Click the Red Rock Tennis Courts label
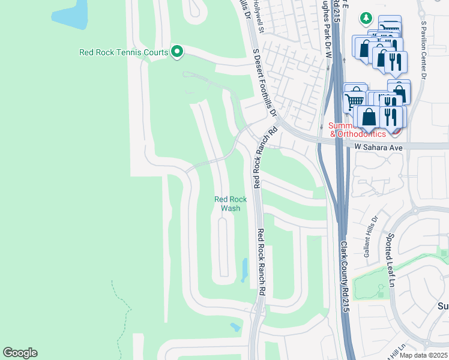pyautogui.click(x=123, y=53)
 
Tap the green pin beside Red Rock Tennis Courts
pyautogui.click(x=176, y=52)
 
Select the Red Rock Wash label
pyautogui.click(x=231, y=204)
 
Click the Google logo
pyautogui.click(x=20, y=353)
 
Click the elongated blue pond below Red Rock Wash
pyautogui.click(x=244, y=270)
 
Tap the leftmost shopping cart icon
pyautogui.click(x=355, y=100)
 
